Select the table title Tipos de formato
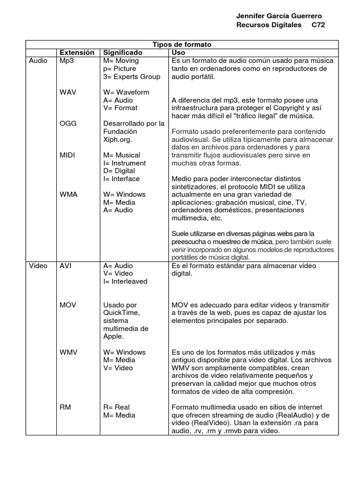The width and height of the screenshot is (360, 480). tap(182, 45)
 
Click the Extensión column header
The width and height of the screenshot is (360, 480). tap(77, 52)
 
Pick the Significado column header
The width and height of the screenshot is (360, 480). tap(123, 52)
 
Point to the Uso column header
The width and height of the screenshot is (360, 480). tap(179, 52)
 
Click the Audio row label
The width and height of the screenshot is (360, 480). tap(38, 61)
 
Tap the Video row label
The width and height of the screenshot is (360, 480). tap(38, 266)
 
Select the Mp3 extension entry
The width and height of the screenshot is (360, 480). tap(67, 61)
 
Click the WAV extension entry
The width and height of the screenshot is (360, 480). tap(68, 92)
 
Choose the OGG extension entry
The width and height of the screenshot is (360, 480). tap(68, 124)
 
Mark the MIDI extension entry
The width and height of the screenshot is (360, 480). tap(67, 155)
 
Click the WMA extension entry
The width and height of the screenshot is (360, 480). tap(68, 195)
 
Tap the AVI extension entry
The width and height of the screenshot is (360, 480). tap(66, 266)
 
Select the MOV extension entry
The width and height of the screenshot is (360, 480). tap(68, 305)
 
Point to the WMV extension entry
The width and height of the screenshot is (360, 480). tap(68, 352)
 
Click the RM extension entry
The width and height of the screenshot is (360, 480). tap(65, 407)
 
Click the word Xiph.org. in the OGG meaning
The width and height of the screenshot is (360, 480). tap(118, 140)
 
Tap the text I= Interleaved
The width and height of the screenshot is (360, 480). tap(125, 282)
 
